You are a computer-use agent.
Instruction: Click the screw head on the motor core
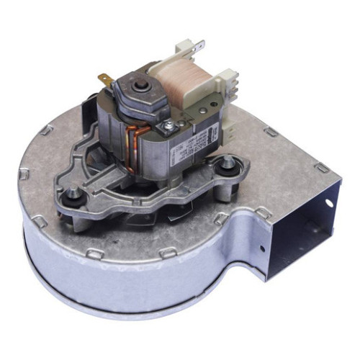167,127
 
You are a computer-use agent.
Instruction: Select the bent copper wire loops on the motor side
134,144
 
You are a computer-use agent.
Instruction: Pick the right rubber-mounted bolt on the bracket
228,165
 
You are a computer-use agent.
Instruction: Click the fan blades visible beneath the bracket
173,213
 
